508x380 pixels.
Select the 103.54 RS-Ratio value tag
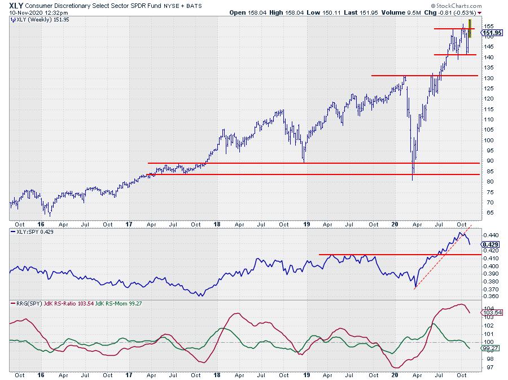click(489, 312)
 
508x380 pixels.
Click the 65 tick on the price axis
click(486, 213)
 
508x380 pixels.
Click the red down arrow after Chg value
click(479, 12)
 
